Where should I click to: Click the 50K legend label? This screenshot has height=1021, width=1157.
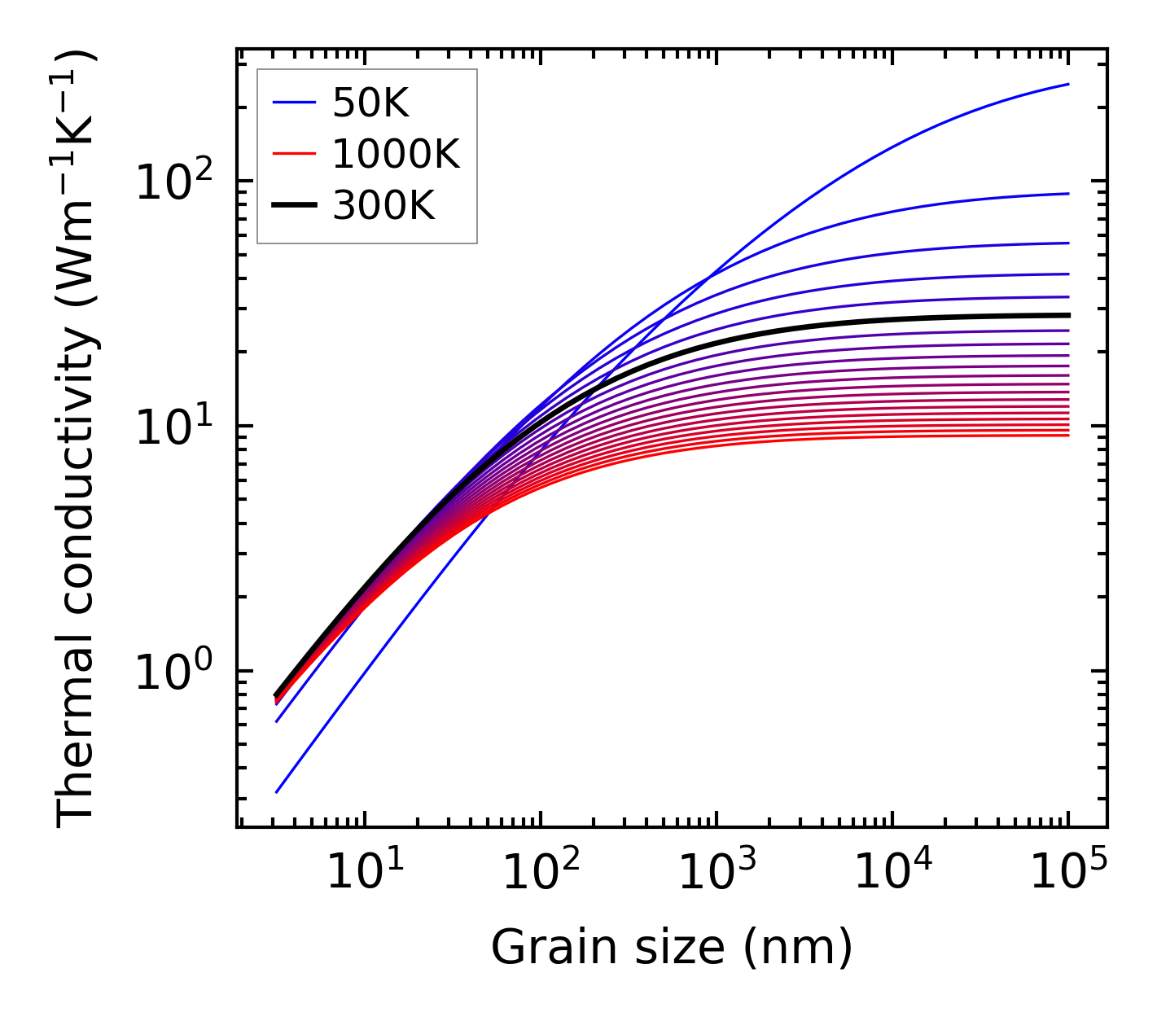[370, 103]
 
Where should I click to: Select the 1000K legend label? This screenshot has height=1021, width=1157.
[396, 154]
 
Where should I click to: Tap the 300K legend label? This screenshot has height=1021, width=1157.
[383, 206]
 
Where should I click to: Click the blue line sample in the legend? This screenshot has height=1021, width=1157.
[294, 103]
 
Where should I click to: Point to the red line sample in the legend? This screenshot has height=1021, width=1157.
[294, 154]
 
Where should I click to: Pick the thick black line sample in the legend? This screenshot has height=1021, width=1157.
[294, 206]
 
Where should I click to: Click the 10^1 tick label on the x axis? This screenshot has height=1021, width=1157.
[364, 873]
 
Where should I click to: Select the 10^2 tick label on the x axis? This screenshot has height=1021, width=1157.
[541, 873]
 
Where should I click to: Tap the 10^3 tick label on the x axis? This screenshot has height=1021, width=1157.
[717, 873]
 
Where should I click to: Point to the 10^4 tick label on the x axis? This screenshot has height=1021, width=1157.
[892, 873]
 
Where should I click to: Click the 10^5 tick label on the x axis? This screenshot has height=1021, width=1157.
[1068, 873]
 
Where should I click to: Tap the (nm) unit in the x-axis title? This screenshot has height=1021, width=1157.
[798, 947]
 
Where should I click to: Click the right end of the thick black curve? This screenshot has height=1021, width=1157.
[1067, 315]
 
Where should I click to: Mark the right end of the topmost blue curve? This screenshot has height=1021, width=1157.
[1067, 84]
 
